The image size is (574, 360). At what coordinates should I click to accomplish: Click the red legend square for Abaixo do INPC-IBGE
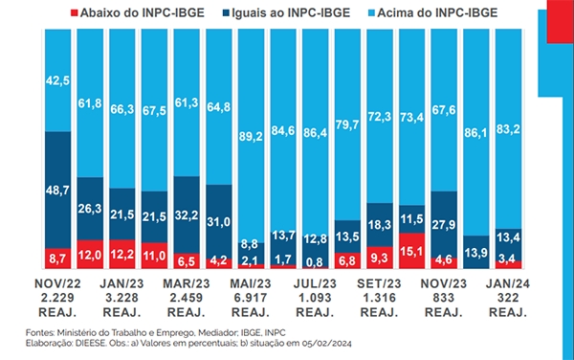coord(75,12)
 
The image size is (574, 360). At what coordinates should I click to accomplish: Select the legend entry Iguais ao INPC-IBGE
coord(286,12)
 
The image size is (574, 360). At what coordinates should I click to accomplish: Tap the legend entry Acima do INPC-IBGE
coord(433,12)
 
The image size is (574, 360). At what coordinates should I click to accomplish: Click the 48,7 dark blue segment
coord(57,191)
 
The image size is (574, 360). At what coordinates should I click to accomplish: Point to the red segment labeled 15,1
coord(411,251)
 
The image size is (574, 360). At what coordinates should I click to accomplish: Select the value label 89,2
coord(251,136)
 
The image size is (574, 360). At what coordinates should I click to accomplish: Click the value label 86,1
coord(475,132)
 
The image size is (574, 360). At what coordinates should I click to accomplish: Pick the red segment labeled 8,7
coord(57,259)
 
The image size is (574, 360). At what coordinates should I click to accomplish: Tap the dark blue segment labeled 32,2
coord(187,215)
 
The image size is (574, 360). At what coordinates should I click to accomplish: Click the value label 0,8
coord(315,261)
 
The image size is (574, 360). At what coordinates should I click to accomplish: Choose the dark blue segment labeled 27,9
coord(444,224)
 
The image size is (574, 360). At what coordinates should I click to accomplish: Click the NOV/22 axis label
coord(57,283)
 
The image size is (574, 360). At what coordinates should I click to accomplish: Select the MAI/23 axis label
coord(251,283)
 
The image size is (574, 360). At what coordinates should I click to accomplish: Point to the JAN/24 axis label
coord(508,283)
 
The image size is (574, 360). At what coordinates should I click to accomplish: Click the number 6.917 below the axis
coord(251,298)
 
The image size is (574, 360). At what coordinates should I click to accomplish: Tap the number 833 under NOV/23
coord(444,298)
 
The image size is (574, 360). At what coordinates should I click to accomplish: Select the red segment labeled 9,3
coord(380,258)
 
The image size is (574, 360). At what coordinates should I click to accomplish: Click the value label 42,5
coord(57,80)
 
